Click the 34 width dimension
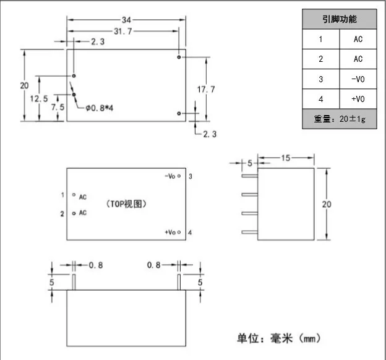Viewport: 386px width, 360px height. coord(127,20)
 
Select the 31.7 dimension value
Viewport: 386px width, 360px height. coord(123,32)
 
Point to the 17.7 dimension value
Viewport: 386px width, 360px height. coord(206,90)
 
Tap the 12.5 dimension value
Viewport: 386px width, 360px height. coord(39,99)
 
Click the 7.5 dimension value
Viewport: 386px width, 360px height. coord(58,107)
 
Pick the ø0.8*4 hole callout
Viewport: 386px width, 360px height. coord(99,108)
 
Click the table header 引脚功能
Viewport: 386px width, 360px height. coord(340,19)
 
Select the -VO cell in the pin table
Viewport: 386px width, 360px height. coord(358,79)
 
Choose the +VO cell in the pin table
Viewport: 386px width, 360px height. coord(358,99)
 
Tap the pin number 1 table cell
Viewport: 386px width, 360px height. coord(321,39)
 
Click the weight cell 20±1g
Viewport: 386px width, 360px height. coord(340,119)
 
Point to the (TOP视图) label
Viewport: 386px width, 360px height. coord(126,204)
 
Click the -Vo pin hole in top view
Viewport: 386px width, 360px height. coord(179,176)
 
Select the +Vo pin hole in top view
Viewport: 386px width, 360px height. coord(179,232)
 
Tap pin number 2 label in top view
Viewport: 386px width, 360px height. coord(62,214)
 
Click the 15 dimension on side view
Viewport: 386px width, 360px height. coord(286,158)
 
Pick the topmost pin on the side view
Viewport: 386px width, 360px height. coord(250,176)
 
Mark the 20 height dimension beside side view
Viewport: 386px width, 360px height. coord(327,204)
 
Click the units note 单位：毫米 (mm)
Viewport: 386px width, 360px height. coord(279,338)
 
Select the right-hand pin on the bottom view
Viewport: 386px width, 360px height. coord(179,282)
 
